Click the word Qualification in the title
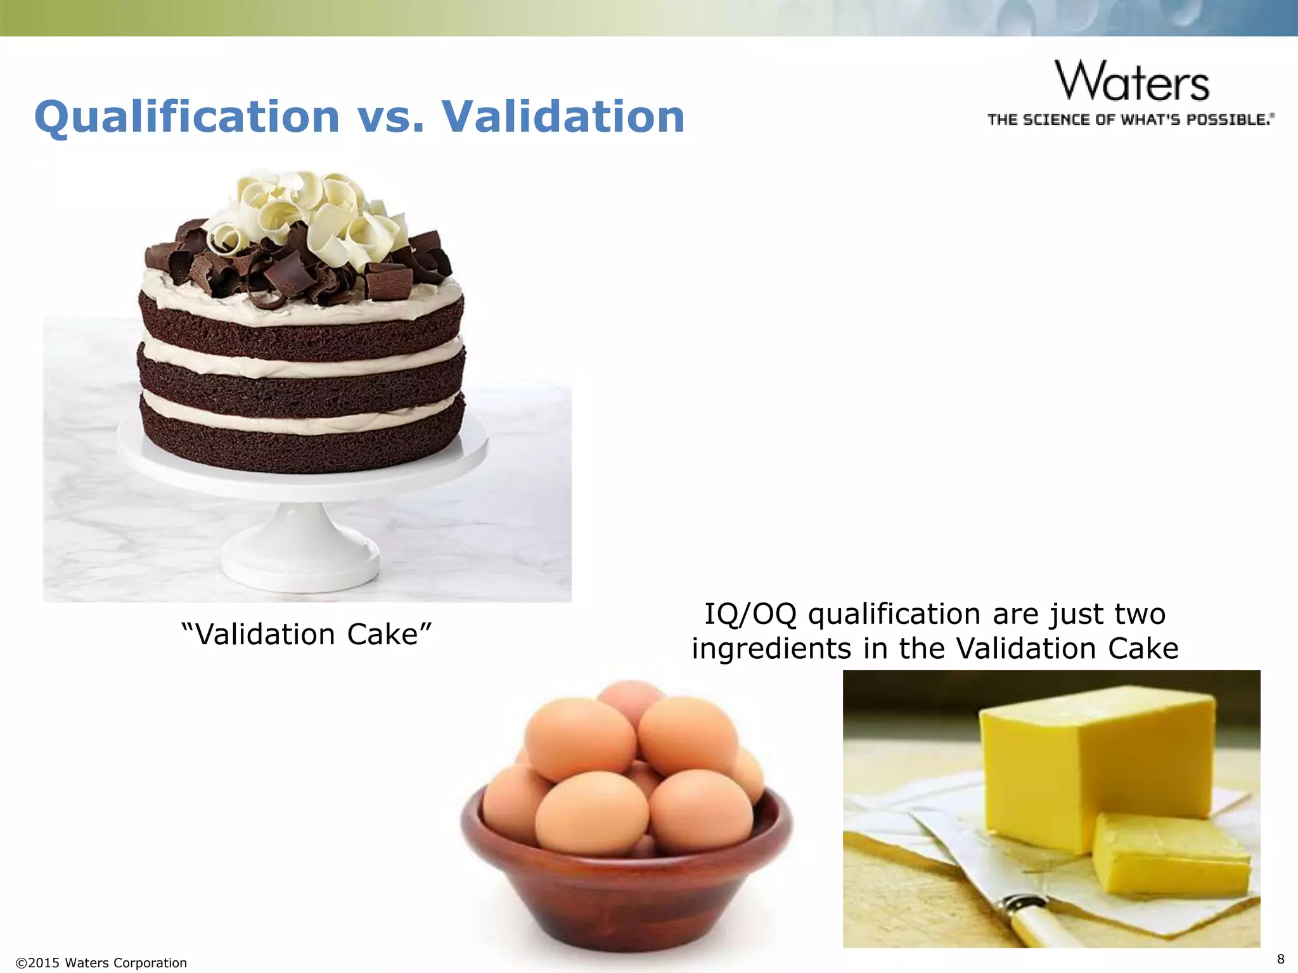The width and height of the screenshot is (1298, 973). click(187, 117)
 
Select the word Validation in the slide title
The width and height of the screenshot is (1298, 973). click(563, 117)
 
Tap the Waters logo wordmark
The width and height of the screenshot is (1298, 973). click(1132, 81)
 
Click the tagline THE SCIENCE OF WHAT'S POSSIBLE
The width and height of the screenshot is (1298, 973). click(1129, 120)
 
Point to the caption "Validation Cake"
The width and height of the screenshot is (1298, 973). click(306, 634)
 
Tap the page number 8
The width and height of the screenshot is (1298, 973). click(1280, 958)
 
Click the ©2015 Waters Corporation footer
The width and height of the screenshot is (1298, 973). click(101, 963)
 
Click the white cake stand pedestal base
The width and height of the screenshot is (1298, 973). click(300, 557)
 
